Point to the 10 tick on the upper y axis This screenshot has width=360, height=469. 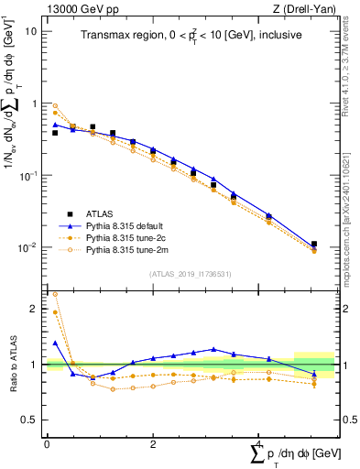[x=31, y=31]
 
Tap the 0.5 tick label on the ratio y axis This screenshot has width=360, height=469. [x=30, y=420]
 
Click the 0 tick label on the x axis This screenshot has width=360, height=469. [x=47, y=442]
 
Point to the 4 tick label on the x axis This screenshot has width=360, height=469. [x=260, y=442]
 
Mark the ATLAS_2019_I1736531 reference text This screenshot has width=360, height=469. [x=191, y=273]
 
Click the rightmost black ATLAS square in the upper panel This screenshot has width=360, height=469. [x=314, y=245]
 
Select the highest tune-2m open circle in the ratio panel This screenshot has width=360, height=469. [x=55, y=295]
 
